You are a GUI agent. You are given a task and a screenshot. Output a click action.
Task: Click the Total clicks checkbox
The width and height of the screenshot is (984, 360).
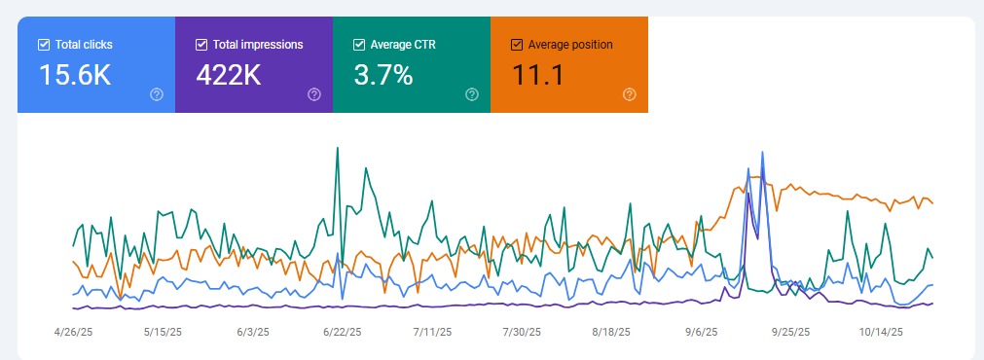pyautogui.click(x=43, y=45)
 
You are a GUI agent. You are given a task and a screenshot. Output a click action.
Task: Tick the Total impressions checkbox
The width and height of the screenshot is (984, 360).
pyautogui.click(x=200, y=45)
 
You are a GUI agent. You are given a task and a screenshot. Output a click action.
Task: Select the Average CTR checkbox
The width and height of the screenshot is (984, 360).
pyautogui.click(x=358, y=45)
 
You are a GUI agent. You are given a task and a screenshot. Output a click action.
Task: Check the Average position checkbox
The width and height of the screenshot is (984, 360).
pyautogui.click(x=516, y=45)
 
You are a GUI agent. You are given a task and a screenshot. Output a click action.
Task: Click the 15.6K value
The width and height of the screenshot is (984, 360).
pyautogui.click(x=75, y=75)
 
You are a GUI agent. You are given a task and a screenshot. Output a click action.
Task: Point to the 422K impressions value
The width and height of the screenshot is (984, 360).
pyautogui.click(x=232, y=75)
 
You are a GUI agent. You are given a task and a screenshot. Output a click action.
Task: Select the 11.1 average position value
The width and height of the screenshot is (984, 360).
pyautogui.click(x=538, y=75)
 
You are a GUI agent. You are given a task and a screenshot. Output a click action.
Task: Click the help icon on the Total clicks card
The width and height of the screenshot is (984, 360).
pyautogui.click(x=157, y=94)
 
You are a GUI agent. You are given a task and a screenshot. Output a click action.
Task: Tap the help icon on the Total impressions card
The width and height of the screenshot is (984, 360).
pyautogui.click(x=314, y=94)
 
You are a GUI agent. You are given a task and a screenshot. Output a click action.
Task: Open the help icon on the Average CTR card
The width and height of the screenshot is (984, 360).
pyautogui.click(x=472, y=94)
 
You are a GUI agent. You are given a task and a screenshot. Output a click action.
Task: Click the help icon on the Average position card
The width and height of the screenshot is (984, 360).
pyautogui.click(x=630, y=94)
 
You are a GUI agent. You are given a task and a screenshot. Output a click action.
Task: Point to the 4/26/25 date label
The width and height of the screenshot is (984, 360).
pyautogui.click(x=73, y=332)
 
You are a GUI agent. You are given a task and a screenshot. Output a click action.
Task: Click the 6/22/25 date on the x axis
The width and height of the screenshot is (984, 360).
pyautogui.click(x=343, y=332)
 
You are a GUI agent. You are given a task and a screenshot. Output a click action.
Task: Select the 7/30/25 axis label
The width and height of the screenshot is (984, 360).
pyautogui.click(x=522, y=332)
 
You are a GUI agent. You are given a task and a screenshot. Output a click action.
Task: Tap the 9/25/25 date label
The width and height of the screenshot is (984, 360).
pyautogui.click(x=790, y=332)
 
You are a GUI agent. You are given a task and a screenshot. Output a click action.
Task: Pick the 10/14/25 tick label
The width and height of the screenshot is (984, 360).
pyautogui.click(x=880, y=332)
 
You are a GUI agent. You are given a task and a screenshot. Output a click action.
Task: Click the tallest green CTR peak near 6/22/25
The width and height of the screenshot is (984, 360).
pyautogui.click(x=337, y=149)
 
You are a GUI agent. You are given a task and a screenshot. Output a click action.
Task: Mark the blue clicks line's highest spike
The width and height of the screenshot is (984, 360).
pyautogui.click(x=762, y=152)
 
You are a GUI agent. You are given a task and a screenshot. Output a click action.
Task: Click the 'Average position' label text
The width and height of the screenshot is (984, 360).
pyautogui.click(x=569, y=45)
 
